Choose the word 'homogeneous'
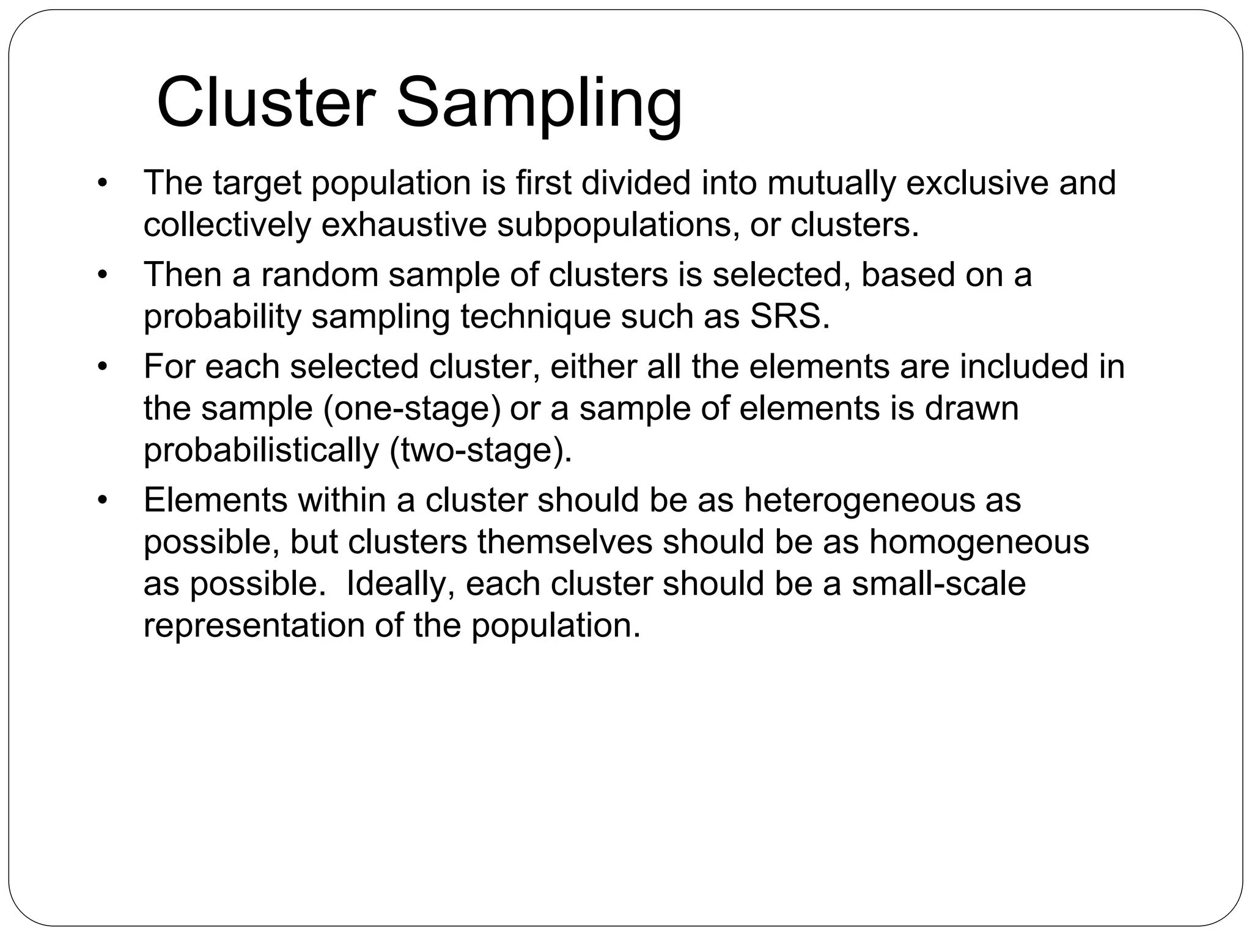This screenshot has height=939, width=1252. pyautogui.click(x=979, y=542)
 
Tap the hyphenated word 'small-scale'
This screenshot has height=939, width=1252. pyautogui.click(x=938, y=584)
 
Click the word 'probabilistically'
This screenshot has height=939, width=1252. pyautogui.click(x=261, y=451)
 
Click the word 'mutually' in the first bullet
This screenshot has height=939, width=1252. pyautogui.click(x=831, y=183)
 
